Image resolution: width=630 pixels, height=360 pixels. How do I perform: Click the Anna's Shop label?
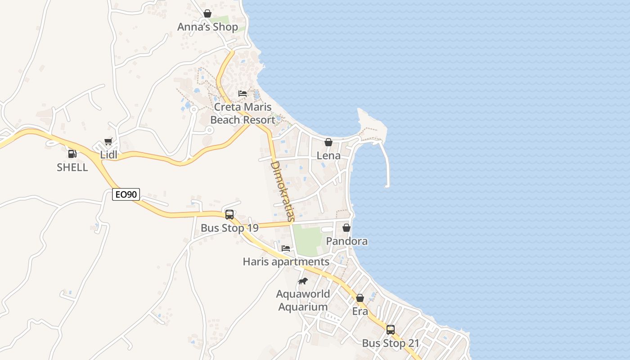(207, 27)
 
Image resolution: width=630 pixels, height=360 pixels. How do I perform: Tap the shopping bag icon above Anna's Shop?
(207, 14)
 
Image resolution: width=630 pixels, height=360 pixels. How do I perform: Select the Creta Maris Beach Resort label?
(243, 113)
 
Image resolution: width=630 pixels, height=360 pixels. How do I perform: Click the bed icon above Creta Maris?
(243, 94)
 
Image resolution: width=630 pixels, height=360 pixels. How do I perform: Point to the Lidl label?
(108, 155)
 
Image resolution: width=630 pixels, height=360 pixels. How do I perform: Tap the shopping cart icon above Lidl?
(108, 142)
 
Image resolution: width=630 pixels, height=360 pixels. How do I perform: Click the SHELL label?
(72, 167)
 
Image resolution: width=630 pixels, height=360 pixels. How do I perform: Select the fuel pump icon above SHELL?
(72, 154)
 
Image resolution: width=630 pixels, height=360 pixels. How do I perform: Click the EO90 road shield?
(126, 195)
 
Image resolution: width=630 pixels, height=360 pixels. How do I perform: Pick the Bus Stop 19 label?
(229, 228)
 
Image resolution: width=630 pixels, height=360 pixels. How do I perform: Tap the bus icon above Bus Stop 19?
(229, 215)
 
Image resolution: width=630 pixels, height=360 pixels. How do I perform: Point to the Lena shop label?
(328, 156)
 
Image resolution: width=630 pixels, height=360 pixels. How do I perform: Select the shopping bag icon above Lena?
(328, 143)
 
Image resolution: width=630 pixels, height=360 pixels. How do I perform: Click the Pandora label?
(346, 241)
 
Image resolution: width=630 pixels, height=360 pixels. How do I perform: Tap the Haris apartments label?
(286, 261)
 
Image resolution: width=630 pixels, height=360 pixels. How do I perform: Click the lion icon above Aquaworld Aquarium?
(303, 281)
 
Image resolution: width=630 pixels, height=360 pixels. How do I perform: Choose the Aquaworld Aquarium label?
(303, 301)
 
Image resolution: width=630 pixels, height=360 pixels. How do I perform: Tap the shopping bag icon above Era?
(360, 298)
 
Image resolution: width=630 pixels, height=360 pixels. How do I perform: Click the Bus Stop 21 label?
(391, 343)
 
